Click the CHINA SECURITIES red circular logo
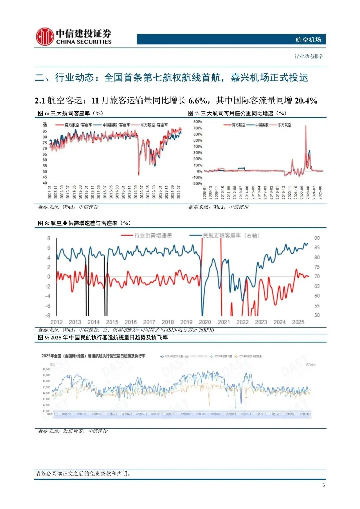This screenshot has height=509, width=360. click(45, 37)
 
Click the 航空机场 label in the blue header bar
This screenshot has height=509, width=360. click(308, 40)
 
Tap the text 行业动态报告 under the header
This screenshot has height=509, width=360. click(309, 56)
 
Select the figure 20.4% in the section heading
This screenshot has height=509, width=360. click(306, 100)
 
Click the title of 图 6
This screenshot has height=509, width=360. click(70, 113)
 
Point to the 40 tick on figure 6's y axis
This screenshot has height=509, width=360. click(45, 183)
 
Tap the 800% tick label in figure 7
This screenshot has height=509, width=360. click(197, 122)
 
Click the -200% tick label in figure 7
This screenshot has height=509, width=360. click(197, 184)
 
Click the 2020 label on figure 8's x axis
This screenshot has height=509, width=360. click(205, 322)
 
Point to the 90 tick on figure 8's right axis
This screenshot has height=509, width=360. click(317, 238)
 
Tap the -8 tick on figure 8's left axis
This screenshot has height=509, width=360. click(48, 315)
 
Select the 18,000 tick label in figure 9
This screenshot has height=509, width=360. click(46, 369)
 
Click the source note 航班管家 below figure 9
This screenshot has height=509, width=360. click(73, 431)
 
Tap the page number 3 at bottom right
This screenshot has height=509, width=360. click(323, 485)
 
